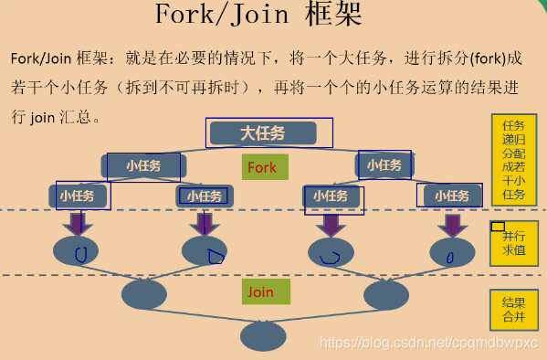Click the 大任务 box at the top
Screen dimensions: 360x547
point(263,133)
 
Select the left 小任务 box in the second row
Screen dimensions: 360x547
point(143,165)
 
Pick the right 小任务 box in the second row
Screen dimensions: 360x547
point(384,165)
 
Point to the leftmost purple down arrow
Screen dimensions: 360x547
point(78,223)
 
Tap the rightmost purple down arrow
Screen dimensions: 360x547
point(448,223)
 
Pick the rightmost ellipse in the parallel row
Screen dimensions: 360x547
point(449,252)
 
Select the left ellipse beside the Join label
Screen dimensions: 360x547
point(144,294)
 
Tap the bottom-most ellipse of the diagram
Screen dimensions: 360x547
point(263,333)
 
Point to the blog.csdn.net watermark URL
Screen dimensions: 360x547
point(425,342)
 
